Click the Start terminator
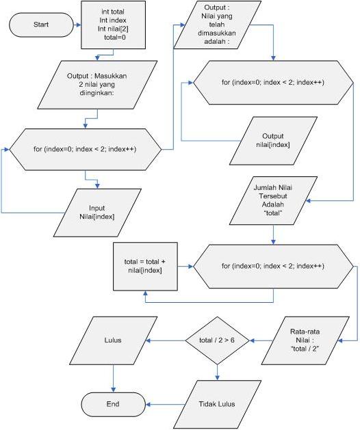point(40,25)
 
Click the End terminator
point(113,404)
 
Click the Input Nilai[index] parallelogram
point(101,212)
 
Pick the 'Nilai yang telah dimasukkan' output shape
point(216,26)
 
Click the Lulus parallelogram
point(113,340)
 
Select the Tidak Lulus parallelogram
point(218,404)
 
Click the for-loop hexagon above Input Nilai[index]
point(86,148)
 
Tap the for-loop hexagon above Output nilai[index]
point(272,83)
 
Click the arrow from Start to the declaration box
point(76,25)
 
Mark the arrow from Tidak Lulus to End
point(161,404)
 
